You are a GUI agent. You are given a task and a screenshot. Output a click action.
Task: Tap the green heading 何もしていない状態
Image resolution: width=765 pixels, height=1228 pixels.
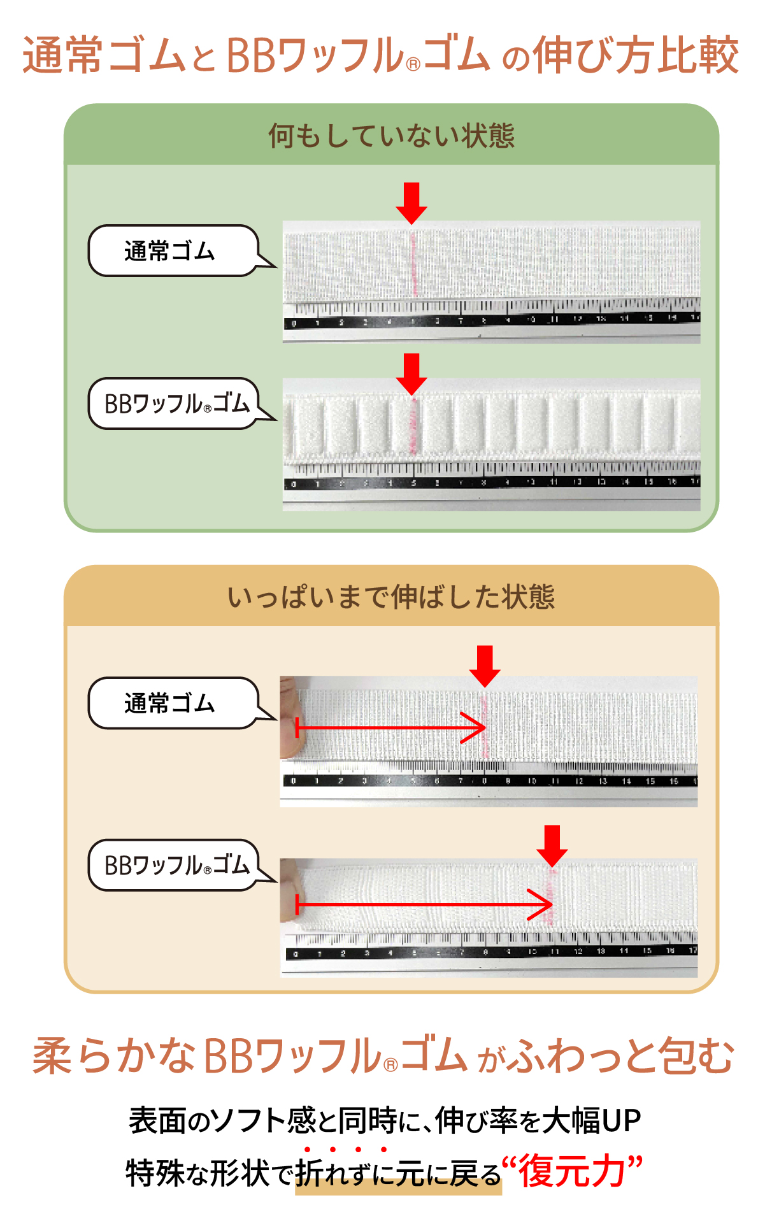(391, 136)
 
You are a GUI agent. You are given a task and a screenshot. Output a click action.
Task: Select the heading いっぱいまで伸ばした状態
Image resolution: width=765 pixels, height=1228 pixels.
(391, 597)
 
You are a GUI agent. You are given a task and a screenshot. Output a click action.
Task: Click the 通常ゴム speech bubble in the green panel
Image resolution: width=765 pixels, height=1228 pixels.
(171, 251)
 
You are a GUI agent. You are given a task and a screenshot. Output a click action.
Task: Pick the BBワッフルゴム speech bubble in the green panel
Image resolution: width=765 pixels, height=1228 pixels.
(175, 404)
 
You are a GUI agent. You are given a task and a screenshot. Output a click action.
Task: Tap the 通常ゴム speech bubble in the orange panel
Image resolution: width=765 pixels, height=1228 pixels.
(171, 703)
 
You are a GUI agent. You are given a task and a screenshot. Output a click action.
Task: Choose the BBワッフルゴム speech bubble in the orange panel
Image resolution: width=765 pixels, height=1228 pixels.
(175, 865)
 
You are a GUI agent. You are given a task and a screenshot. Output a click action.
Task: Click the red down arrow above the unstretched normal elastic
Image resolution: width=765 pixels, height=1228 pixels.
(411, 202)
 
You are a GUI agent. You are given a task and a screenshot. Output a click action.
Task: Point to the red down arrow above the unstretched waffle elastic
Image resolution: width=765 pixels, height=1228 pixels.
(411, 373)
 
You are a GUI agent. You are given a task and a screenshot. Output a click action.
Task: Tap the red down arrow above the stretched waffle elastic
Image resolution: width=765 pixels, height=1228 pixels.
(552, 845)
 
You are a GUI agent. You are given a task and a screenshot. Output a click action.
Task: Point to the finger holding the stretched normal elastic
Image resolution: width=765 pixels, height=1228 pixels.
(291, 717)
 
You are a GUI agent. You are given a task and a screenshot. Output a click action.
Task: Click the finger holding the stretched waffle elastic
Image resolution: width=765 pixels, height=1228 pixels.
(290, 889)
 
